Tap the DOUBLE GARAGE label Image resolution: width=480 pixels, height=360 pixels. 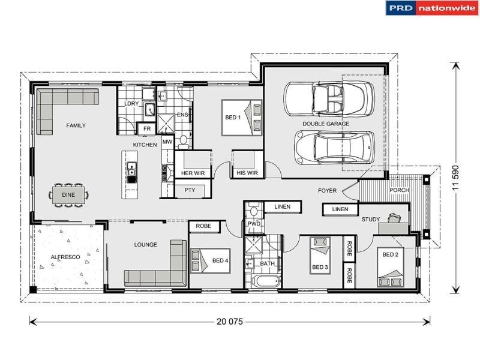pos(325,124)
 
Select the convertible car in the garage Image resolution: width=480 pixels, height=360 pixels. pos(329,98)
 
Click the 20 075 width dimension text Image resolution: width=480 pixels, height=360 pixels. pos(229,322)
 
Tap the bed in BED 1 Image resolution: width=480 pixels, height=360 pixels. pos(242,117)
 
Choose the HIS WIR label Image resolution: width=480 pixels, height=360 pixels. pos(247,173)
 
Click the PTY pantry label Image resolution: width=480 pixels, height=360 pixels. pos(190,190)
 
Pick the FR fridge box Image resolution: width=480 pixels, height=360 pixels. pos(146,129)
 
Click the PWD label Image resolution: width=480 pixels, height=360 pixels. pos(254,223)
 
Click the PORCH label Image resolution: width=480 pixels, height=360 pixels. pos(400,190)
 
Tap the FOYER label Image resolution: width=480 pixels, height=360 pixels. pos(327,191)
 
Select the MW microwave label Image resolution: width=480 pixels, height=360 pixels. pos(167,142)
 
